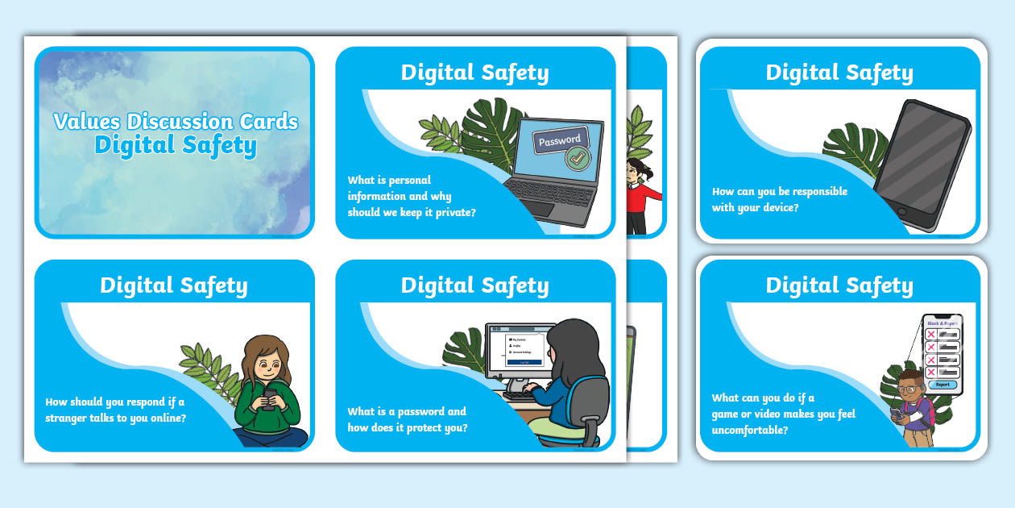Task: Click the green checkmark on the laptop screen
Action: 574,157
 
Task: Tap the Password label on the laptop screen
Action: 559,141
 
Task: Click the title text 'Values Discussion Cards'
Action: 176,122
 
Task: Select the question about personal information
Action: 411,196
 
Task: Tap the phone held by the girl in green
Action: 270,396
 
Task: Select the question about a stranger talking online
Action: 115,410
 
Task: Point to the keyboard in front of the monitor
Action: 524,394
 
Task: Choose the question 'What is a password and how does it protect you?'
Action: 407,419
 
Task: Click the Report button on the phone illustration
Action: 942,385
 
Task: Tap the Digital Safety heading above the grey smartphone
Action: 839,73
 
